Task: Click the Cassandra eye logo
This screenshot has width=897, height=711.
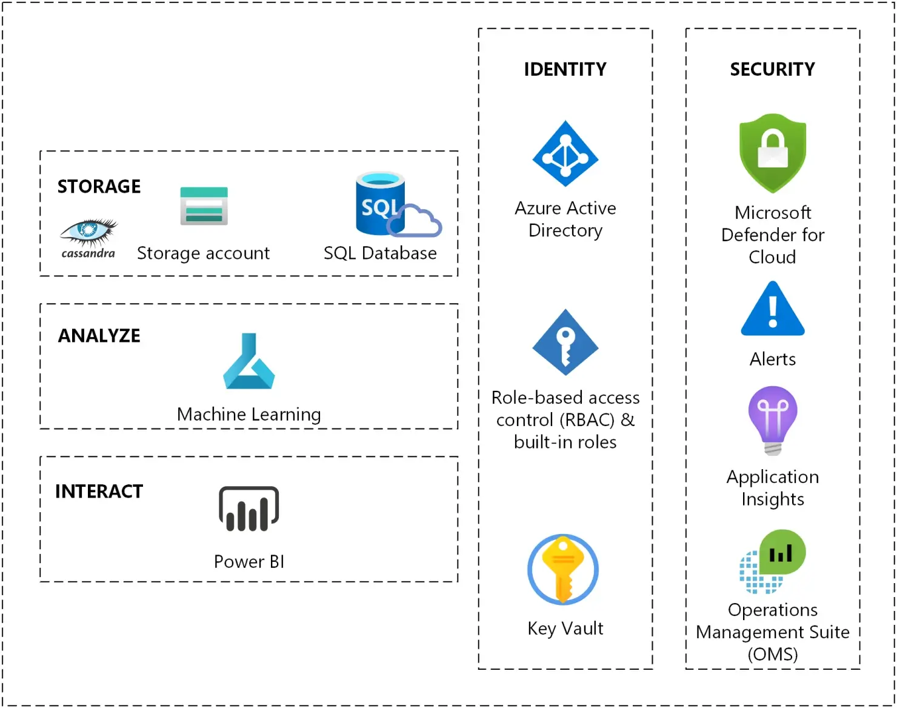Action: pyautogui.click(x=88, y=232)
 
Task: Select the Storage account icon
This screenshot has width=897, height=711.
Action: pyautogui.click(x=204, y=206)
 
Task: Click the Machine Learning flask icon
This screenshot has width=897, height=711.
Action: pyautogui.click(x=249, y=362)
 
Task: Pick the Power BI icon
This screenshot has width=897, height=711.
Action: pyautogui.click(x=248, y=509)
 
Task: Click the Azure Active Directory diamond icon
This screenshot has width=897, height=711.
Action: pyautogui.click(x=565, y=154)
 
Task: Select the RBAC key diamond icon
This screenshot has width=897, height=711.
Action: pyautogui.click(x=565, y=343)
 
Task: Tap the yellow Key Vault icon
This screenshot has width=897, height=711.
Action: pyautogui.click(x=563, y=569)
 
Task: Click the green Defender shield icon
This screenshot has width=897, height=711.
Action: pyautogui.click(x=773, y=153)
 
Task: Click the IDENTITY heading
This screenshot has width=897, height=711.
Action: pyautogui.click(x=565, y=70)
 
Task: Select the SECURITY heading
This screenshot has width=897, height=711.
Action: pyautogui.click(x=772, y=70)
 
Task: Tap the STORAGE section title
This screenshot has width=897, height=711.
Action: pyautogui.click(x=99, y=187)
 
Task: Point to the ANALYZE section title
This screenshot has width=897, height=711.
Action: pyautogui.click(x=99, y=336)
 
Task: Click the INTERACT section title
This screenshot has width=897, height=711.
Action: pyautogui.click(x=99, y=492)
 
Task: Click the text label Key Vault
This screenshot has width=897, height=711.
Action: pyautogui.click(x=565, y=629)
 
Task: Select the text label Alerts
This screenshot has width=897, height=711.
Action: pyautogui.click(x=772, y=359)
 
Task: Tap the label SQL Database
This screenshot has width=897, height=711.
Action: pyautogui.click(x=380, y=253)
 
